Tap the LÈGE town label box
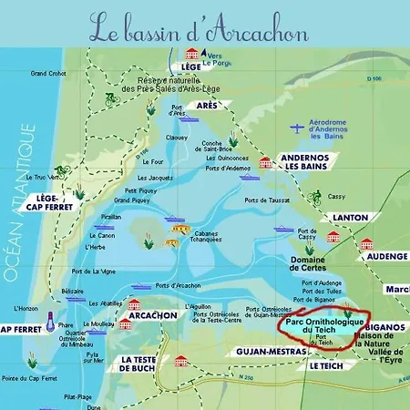click(190, 67)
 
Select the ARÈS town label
click(208, 106)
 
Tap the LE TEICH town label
click(325, 365)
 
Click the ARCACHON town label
click(153, 315)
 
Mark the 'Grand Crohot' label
click(49, 73)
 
